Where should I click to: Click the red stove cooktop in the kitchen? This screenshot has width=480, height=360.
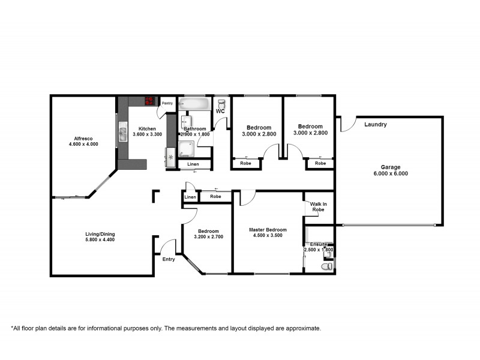[x=148, y=101]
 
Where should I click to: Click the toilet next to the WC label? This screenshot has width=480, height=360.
[x=221, y=104]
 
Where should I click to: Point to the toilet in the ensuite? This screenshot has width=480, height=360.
[x=326, y=265]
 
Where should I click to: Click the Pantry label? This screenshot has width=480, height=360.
[x=167, y=103]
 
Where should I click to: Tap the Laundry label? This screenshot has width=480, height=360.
[x=375, y=125]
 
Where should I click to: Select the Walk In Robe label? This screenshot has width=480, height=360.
[x=319, y=207]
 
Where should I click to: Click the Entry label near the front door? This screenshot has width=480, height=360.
[x=169, y=259]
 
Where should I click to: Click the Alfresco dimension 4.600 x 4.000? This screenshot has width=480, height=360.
[x=83, y=145]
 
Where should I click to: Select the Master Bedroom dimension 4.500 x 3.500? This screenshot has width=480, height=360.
[x=268, y=236]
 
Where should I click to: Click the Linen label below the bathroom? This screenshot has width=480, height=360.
[x=193, y=164]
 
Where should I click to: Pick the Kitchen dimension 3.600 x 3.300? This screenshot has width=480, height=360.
[x=147, y=135]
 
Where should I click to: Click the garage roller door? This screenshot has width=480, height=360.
[x=389, y=226]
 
